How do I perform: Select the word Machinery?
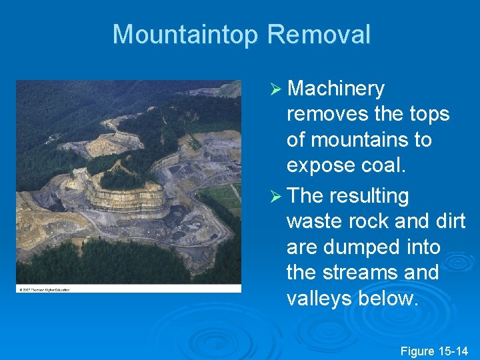338,89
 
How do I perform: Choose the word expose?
319,165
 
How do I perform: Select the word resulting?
375,196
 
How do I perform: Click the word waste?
314,221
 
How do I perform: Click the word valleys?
319,298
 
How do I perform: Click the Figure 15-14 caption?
434,351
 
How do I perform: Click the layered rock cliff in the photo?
127,198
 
